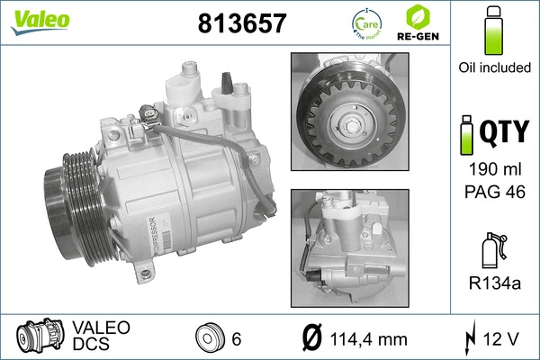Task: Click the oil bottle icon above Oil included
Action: pos(492,32)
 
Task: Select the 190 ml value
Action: pos(491,171)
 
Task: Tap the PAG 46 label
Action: pos(491,191)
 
